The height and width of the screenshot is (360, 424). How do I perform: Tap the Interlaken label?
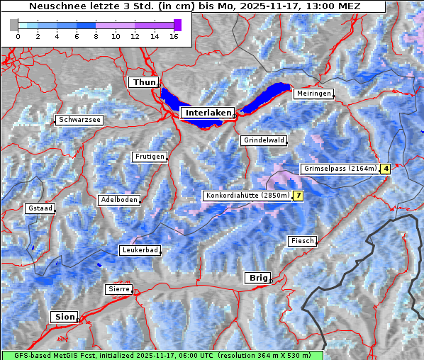point(207,113)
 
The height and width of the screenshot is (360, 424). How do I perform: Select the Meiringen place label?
point(313,94)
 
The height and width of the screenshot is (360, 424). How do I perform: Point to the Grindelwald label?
point(264,140)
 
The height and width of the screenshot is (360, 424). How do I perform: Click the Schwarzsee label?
point(79,120)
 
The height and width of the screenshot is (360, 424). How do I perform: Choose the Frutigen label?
point(149,157)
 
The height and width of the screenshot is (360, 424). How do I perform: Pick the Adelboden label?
point(118,200)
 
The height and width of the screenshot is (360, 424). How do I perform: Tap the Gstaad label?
point(40,208)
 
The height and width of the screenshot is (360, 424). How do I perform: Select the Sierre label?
point(118,289)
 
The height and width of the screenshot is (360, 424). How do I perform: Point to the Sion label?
point(65,317)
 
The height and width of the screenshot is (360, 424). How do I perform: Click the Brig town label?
point(256,278)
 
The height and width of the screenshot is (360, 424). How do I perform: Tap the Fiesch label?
point(302,241)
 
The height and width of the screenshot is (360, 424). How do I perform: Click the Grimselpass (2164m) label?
point(340,169)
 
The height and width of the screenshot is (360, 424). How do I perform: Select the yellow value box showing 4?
point(386,169)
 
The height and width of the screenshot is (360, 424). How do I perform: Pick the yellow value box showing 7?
point(299,196)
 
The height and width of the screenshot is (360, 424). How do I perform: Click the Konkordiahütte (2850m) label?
point(247,196)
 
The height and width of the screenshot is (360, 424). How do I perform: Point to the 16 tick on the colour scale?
point(172,35)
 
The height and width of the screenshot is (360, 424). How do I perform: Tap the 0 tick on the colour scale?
point(18,35)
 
